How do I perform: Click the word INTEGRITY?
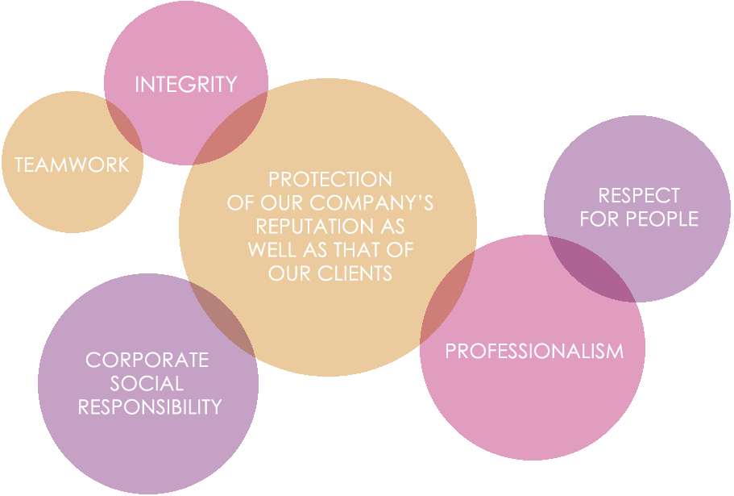[186, 85]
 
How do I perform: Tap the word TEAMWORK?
[72, 165]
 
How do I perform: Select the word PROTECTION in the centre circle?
[330, 179]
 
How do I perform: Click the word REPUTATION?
[314, 226]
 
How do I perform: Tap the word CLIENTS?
[355, 273]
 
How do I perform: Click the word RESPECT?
[639, 195]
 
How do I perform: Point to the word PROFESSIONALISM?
[534, 352]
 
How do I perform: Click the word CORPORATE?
[147, 361]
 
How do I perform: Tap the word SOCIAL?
[147, 384]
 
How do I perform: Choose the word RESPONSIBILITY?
[150, 407]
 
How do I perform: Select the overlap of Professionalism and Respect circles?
[592, 269]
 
